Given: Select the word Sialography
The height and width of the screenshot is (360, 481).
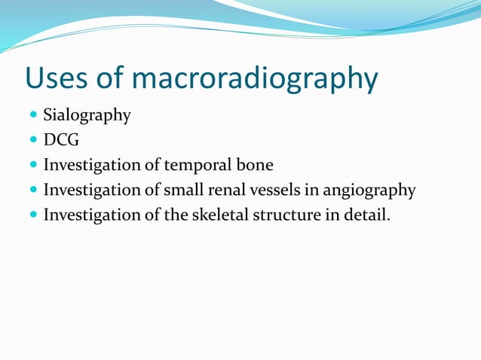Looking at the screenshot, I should point(87,116).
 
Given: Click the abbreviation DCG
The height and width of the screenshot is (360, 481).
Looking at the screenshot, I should point(61,140).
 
